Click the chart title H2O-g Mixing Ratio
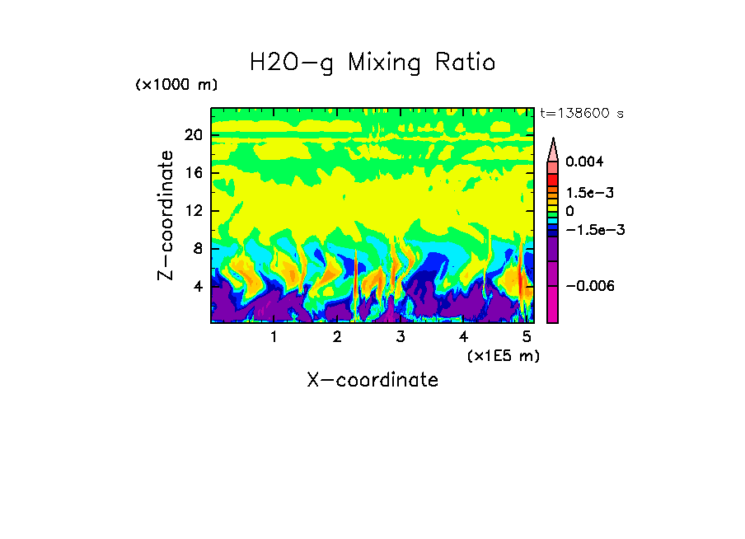point(372,63)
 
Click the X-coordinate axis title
point(372,380)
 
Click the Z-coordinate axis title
point(166,215)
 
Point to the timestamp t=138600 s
point(581,114)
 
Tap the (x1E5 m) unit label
point(503,356)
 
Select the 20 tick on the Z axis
point(193,135)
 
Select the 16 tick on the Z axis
point(193,173)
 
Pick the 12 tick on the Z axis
point(193,211)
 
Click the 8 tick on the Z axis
point(197,249)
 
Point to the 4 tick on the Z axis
point(197,287)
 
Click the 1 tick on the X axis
point(274,336)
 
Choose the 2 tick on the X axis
point(337,336)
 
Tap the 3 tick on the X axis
point(401,336)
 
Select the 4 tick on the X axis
point(464,336)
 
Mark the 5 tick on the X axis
point(527,336)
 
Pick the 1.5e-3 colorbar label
point(589,193)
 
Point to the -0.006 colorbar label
point(589,286)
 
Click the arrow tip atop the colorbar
point(553,140)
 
